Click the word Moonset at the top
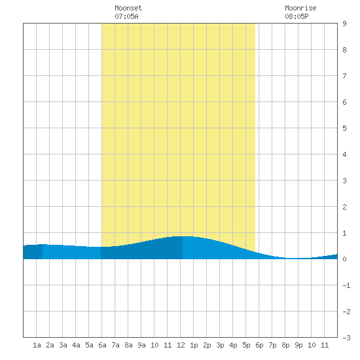pyautogui.click(x=128, y=8)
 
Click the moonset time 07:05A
pyautogui.click(x=126, y=16)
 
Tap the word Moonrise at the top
pyautogui.click(x=300, y=8)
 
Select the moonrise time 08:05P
pyautogui.click(x=297, y=16)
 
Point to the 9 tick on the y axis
pyautogui.click(x=344, y=24)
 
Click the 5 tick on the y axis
pyautogui.click(x=344, y=128)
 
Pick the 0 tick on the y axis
pyautogui.click(x=344, y=259)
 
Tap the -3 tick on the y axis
pyautogui.click(x=346, y=338)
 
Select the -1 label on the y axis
pyautogui.click(x=346, y=285)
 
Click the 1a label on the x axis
pyautogui.click(x=37, y=345)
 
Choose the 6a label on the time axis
pyautogui.click(x=102, y=345)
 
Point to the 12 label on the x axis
pyautogui.click(x=181, y=345)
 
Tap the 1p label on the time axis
pyautogui.click(x=194, y=345)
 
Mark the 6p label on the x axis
pyautogui.click(x=259, y=345)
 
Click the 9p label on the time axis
pyautogui.click(x=298, y=345)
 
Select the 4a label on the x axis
pyautogui.click(x=76, y=345)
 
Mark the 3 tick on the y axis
pyautogui.click(x=344, y=181)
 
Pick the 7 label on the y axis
pyautogui.click(x=344, y=76)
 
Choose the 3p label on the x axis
pyautogui.click(x=220, y=345)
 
